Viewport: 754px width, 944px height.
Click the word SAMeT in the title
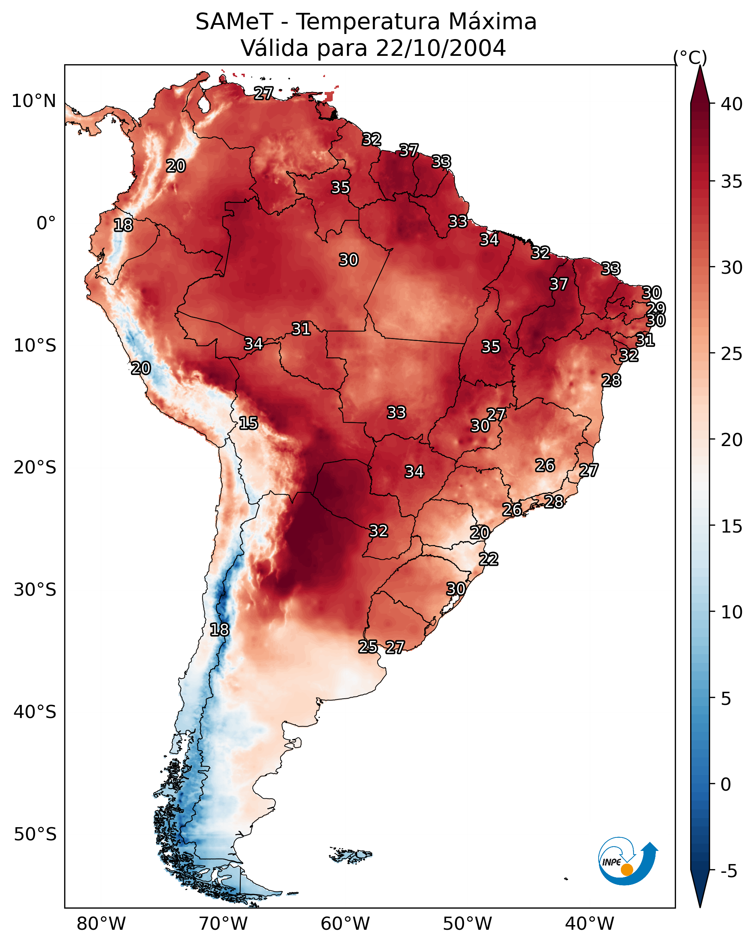point(234,22)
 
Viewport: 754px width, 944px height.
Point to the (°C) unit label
point(690,57)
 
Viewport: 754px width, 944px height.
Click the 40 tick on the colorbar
point(732,104)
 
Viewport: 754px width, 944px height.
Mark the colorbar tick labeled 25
point(732,354)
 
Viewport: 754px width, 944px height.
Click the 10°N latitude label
point(34,101)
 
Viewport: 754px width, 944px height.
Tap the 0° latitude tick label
point(46,223)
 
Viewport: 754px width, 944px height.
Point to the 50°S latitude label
point(35,834)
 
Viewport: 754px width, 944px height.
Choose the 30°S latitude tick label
point(35,590)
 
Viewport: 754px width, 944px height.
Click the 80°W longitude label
point(101,924)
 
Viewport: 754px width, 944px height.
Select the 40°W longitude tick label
point(589,924)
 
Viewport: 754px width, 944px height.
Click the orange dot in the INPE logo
point(627,870)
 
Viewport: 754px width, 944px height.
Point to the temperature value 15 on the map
point(248,423)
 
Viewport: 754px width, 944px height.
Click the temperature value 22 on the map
point(488,559)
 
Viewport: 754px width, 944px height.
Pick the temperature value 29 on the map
point(656,308)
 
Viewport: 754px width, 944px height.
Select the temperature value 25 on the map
point(368,646)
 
